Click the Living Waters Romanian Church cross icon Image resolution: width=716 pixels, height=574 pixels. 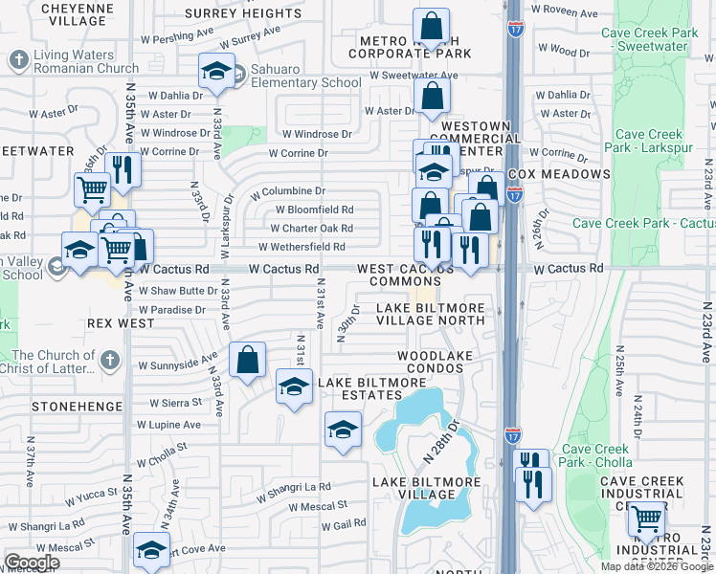[18, 60]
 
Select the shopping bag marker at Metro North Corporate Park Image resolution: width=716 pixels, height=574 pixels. [431, 28]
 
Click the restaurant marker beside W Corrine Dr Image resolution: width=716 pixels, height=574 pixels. [121, 170]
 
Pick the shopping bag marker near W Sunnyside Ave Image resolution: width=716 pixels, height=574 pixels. [247, 361]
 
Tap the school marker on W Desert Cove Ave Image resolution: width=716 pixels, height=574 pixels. [151, 551]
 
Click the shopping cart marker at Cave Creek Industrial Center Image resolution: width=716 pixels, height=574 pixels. [647, 520]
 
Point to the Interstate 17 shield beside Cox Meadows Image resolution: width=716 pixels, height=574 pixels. [515, 193]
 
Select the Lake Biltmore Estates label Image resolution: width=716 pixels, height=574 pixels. [371, 390]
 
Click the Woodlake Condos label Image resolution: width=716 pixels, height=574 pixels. [436, 362]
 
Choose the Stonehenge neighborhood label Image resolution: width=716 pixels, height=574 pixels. [77, 407]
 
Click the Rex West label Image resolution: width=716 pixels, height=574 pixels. [121, 323]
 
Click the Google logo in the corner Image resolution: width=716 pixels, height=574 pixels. [31, 563]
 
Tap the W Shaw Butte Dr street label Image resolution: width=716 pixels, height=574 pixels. [178, 291]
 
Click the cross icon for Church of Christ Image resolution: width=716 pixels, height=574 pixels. [110, 361]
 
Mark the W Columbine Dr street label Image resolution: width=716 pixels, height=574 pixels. [288, 192]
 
